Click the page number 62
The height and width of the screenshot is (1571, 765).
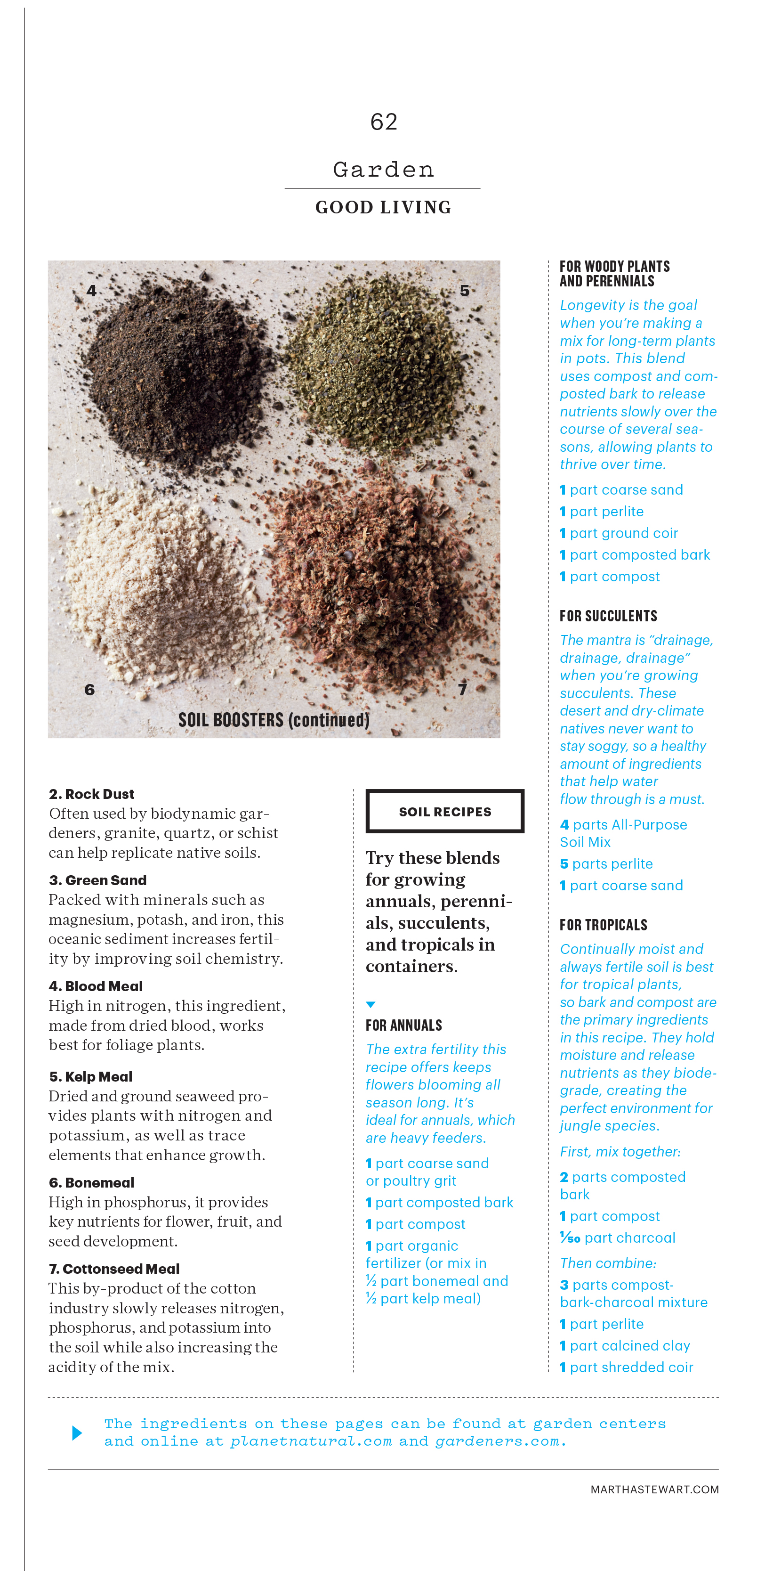click(x=383, y=122)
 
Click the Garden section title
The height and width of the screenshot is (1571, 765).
click(x=383, y=170)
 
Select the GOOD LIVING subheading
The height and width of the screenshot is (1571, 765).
click(x=383, y=207)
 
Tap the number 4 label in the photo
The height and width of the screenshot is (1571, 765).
click(x=91, y=291)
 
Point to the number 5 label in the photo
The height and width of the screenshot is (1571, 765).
click(x=465, y=291)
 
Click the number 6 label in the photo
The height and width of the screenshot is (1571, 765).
click(x=89, y=690)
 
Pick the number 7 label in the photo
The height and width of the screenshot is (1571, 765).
click(x=463, y=690)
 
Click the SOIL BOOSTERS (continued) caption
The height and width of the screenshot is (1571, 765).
click(x=274, y=720)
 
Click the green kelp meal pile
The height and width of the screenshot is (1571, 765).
click(x=378, y=366)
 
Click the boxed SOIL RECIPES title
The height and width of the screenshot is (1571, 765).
click(x=445, y=812)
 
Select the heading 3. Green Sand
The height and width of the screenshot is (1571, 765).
click(x=97, y=880)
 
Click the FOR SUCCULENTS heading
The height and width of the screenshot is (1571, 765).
click(x=608, y=616)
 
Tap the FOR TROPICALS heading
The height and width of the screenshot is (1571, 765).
click(x=604, y=925)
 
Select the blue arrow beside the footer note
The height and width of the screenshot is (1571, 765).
click(x=77, y=1433)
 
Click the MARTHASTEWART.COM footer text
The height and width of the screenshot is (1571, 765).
click(x=654, y=1490)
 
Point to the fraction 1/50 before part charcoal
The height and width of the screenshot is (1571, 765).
click(x=570, y=1237)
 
